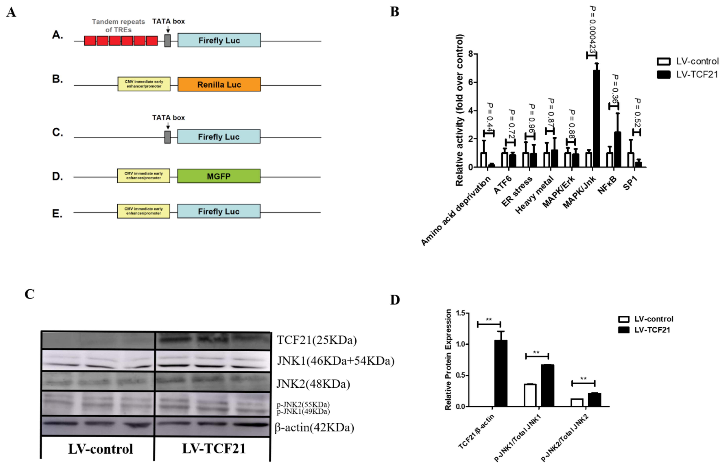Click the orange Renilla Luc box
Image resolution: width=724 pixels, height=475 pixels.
coord(219,84)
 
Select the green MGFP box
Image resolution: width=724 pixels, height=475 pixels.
coord(219,176)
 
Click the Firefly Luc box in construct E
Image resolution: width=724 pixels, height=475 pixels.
coord(219,211)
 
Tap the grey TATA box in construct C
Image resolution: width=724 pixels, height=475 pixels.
coord(167,137)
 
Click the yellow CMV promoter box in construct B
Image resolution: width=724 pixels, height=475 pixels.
coord(144,84)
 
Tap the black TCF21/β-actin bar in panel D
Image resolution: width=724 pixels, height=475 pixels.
coord(501,373)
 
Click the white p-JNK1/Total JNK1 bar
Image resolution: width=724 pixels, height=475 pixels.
coord(530,395)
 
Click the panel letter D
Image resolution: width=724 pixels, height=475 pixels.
coord(395,300)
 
